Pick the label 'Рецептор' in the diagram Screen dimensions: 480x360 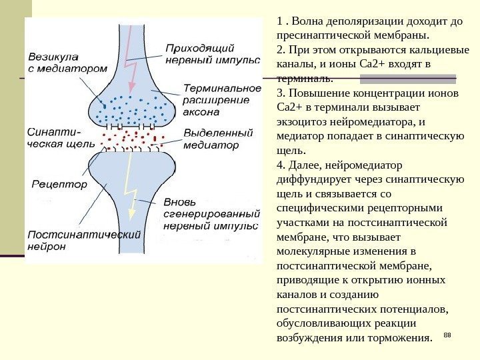pos(59,184)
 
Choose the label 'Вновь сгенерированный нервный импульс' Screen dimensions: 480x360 pos(211,214)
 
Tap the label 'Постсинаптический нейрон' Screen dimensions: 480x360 pos(84,239)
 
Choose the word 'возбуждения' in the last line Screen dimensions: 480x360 pos(309,339)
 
